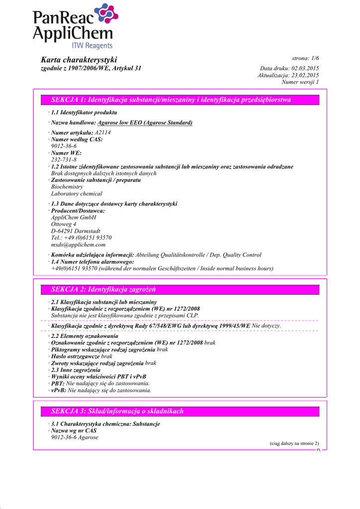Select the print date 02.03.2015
point(305,68)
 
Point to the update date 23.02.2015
point(305,75)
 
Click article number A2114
point(103,133)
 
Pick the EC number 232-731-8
point(64,160)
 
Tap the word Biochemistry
point(67,187)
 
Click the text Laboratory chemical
point(77,194)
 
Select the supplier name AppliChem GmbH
point(74,217)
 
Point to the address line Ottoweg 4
point(64,224)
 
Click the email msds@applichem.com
point(78,245)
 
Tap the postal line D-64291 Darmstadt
point(76,231)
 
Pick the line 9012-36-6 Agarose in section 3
point(75,437)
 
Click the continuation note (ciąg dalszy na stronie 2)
point(291,443)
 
